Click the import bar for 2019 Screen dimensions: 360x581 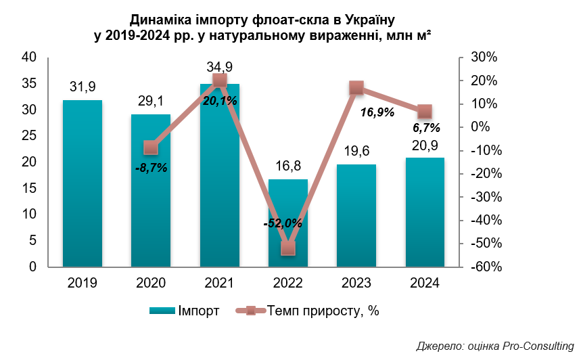[x=82, y=183]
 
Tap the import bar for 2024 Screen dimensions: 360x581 [x=425, y=212]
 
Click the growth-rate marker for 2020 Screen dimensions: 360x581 [x=151, y=148]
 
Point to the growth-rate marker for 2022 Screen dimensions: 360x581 [x=288, y=248]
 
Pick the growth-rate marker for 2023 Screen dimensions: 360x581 [x=356, y=88]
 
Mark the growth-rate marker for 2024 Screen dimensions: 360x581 [x=425, y=112]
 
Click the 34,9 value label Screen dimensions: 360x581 [x=219, y=67]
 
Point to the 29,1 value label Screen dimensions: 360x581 [x=151, y=101]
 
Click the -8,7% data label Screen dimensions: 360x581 [x=152, y=168]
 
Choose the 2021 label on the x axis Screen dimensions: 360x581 [x=219, y=284]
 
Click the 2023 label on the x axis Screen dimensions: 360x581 [x=356, y=284]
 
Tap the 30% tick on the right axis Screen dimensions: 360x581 [x=484, y=58]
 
